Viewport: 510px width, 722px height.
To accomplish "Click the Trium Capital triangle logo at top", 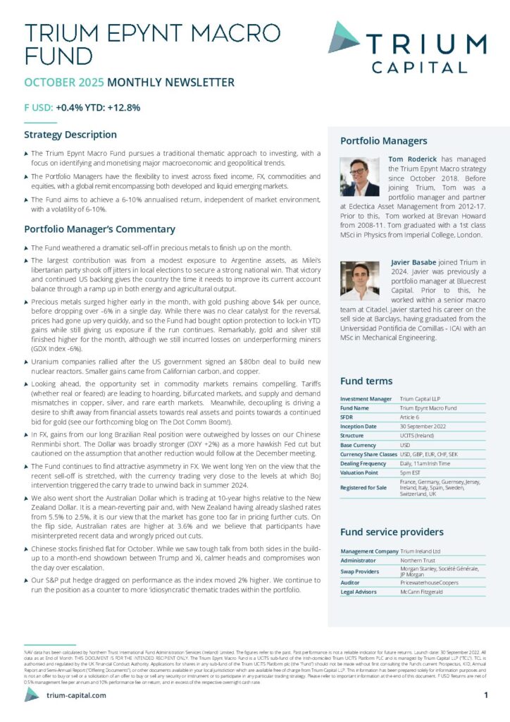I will (344, 37).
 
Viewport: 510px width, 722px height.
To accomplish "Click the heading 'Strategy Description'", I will (70, 135).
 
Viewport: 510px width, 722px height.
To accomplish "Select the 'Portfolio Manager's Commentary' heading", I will (99, 229).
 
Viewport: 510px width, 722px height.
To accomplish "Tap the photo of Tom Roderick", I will (360, 176).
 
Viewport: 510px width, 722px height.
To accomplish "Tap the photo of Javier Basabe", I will (360, 280).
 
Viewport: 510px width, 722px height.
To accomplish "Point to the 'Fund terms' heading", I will (366, 381).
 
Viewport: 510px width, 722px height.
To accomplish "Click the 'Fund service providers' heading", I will (392, 532).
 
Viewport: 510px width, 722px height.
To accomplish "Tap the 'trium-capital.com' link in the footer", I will (76, 695).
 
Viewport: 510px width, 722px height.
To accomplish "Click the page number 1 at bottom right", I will (486, 695).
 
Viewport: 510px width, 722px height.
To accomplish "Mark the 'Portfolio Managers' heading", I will (383, 141).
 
